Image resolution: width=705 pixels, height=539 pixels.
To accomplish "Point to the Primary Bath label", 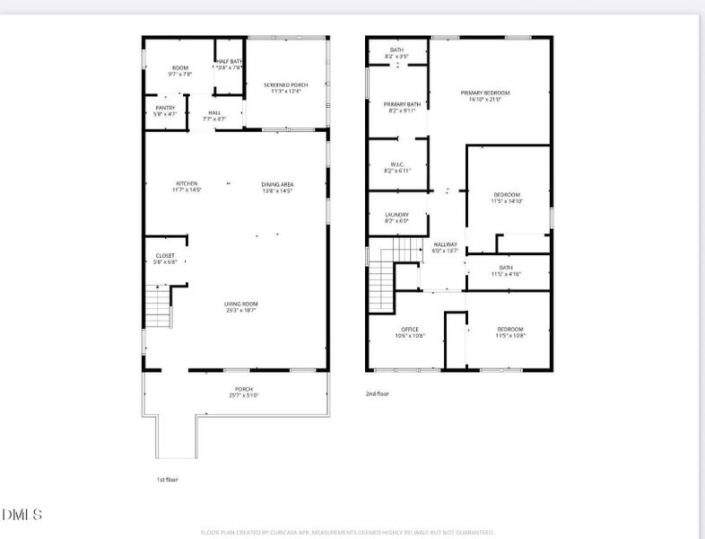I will [x=396, y=108].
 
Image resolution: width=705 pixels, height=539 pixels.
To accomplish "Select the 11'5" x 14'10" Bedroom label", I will [x=507, y=198].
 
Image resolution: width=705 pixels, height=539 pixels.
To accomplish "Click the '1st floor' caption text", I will [x=168, y=480].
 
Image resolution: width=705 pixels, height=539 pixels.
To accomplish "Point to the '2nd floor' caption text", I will [x=378, y=393].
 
